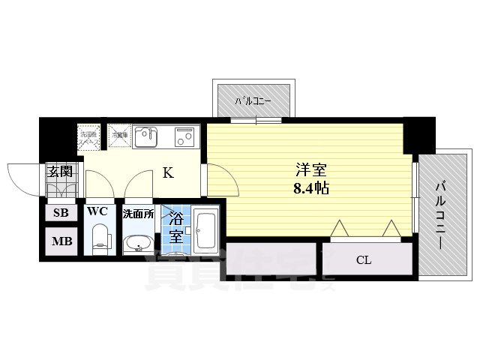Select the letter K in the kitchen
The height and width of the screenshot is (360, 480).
[x=169, y=173]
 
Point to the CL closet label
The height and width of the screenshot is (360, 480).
[x=364, y=260]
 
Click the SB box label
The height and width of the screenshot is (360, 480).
[x=61, y=213]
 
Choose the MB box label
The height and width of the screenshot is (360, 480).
[x=61, y=241]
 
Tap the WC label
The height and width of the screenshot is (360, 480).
[x=97, y=211]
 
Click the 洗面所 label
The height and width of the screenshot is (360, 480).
[x=139, y=214]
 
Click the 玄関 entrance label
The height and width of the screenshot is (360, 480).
[x=61, y=171]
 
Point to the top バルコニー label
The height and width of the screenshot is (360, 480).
[x=252, y=100]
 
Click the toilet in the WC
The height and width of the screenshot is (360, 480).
[x=99, y=241]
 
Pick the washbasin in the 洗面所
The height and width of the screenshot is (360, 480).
[x=138, y=244]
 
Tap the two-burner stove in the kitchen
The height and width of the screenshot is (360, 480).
[x=184, y=136]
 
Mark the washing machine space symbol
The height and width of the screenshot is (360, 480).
[x=91, y=136]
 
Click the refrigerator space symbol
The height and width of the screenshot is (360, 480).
[x=119, y=136]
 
